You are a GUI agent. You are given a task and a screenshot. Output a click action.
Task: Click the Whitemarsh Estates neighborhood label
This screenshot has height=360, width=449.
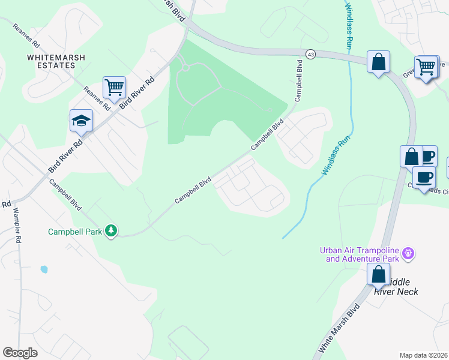pos(56,62)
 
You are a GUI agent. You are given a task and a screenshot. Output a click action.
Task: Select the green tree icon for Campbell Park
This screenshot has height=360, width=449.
pos(110,230)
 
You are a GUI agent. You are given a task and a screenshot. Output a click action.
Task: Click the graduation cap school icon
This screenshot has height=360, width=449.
pos(81,121)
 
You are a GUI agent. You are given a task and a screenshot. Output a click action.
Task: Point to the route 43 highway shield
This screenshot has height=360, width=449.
pos(310,55)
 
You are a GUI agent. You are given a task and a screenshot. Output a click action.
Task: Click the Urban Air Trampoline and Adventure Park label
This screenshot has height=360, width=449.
pos(362,254)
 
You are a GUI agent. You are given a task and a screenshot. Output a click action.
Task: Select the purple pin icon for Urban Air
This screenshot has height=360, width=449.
pos(408,254)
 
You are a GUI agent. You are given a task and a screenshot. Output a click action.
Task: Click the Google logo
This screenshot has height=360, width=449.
pos(20,353)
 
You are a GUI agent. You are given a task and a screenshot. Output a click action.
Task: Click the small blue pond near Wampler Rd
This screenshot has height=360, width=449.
pos(44,269)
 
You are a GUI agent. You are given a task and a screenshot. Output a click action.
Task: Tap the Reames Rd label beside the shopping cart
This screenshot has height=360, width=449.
pos(97,99)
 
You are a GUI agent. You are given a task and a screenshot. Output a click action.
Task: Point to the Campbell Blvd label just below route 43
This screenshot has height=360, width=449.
pos(298,80)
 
